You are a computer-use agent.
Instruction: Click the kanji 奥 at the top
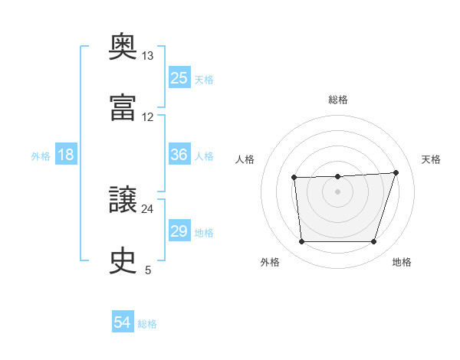123,46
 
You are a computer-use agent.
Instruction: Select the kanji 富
123,107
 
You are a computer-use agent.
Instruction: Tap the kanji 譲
123,199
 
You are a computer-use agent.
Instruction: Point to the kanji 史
123,260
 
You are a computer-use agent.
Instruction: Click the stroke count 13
147,56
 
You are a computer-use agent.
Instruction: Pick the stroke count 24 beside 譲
147,209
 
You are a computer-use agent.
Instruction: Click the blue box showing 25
179,77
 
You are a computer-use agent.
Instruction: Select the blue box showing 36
179,154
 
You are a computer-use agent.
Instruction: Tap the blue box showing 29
179,230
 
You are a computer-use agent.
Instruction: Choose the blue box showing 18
66,154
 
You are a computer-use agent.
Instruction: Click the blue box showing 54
123,321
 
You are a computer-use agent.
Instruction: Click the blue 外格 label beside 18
41,156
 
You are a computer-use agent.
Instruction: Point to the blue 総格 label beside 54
147,324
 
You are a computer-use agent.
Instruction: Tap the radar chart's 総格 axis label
338,100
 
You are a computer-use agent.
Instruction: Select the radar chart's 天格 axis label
431,159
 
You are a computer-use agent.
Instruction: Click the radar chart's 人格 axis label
245,159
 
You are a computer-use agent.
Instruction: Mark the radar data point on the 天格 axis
396,172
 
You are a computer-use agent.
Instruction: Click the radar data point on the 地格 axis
373,241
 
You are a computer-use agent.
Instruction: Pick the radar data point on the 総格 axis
337,176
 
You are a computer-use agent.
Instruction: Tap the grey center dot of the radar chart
337,191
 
